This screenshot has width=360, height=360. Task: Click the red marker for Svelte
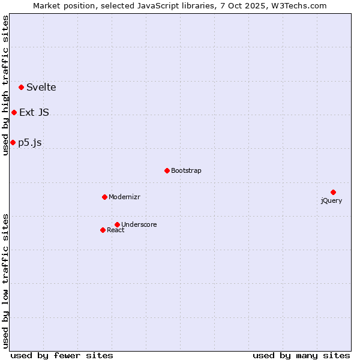[22, 87]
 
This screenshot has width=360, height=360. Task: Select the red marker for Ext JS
[14, 112]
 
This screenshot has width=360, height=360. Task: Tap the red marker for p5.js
[13, 142]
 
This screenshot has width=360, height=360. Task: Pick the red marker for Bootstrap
[167, 170]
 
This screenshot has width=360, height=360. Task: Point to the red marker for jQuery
[333, 192]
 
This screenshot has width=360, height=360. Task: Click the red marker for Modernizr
[104, 197]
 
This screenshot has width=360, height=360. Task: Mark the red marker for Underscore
[117, 224]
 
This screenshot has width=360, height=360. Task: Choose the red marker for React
[103, 230]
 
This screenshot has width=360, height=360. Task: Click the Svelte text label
[41, 87]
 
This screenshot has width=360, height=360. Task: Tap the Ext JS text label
[34, 112]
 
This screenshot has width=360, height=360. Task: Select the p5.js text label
[30, 142]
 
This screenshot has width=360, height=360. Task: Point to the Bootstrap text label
[186, 170]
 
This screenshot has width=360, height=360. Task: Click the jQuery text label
[331, 200]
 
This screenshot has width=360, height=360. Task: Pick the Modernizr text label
[124, 197]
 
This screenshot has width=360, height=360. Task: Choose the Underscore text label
[139, 224]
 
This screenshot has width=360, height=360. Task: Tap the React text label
[116, 230]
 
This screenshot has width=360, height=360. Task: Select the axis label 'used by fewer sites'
[62, 355]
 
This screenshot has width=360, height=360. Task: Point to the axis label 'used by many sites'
[301, 355]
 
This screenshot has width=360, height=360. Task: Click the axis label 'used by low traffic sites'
[6, 280]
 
